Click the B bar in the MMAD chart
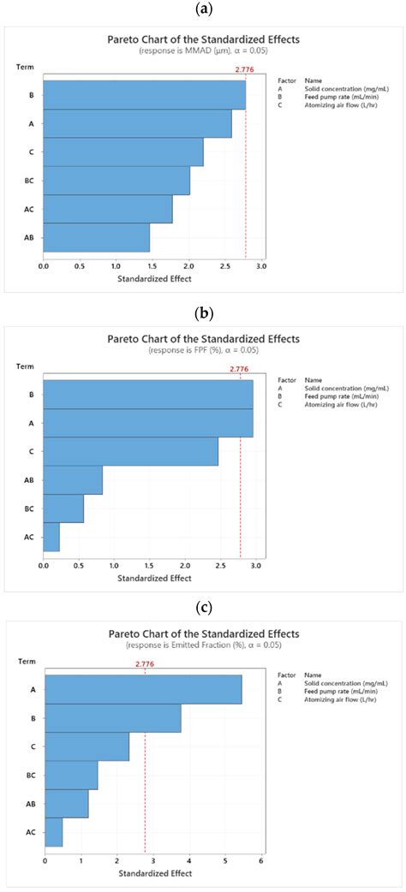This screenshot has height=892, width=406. click(144, 94)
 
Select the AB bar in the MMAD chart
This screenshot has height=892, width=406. click(97, 237)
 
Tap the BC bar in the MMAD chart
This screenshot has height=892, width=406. click(116, 180)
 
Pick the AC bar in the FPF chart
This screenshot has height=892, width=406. click(52, 536)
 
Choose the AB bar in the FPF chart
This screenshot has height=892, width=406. click(73, 479)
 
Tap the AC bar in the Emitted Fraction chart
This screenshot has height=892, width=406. click(53, 831)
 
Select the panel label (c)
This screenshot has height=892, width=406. click(203, 608)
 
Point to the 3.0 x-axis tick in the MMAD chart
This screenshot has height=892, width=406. click(261, 266)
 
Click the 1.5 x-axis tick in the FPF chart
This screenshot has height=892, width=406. click(149, 566)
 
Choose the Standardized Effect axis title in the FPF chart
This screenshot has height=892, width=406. click(152, 578)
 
